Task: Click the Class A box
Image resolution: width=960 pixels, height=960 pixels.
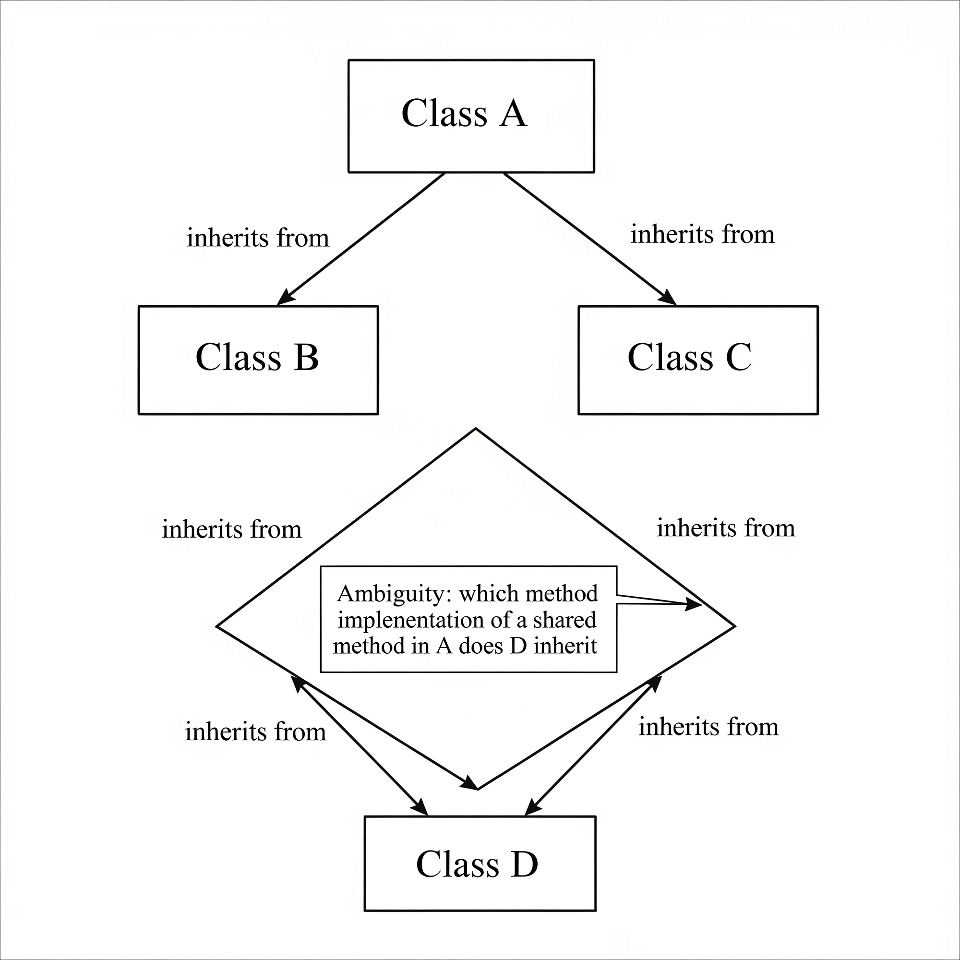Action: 471,116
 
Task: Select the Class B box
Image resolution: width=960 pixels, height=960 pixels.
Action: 258,360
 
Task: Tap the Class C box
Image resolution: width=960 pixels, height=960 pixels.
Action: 697,360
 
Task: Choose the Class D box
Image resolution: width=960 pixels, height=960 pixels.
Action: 480,863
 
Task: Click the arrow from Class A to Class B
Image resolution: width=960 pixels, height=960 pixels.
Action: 360,239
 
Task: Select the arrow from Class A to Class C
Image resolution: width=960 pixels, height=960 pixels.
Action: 590,239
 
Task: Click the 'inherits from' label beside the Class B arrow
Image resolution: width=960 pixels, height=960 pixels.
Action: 258,238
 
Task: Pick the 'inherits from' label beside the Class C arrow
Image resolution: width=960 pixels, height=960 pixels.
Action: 702,235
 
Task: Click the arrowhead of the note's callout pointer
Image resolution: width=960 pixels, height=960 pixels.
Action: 694,604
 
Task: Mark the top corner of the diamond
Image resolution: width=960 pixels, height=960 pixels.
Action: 476,429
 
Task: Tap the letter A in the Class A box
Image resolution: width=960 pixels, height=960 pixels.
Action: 513,113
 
